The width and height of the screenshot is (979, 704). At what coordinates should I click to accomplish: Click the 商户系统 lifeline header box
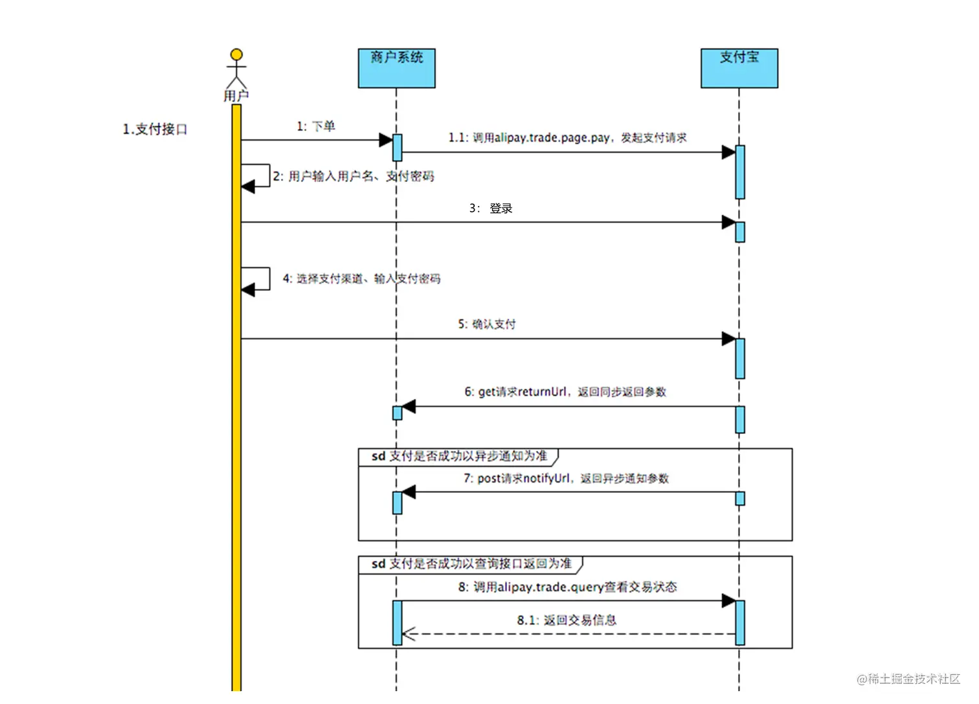pos(396,68)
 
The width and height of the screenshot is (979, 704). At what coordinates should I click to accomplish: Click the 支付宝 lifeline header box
pos(739,68)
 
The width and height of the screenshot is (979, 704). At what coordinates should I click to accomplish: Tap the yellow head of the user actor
pos(236,54)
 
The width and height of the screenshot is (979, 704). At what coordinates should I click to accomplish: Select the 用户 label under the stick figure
pos(236,96)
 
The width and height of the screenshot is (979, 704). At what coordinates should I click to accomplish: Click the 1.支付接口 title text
pos(155,130)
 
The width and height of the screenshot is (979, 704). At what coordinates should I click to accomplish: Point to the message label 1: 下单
pos(316,126)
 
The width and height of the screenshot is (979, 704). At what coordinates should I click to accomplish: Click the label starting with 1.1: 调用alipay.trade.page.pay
pos(567,138)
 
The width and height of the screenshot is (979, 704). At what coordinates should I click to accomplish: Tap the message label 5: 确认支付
pos(487,324)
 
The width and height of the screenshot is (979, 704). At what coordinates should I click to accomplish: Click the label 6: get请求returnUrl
pos(565,392)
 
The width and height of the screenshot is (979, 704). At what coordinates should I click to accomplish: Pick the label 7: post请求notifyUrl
pos(566,479)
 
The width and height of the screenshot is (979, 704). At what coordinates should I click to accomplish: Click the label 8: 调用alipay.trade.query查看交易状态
pos(567,587)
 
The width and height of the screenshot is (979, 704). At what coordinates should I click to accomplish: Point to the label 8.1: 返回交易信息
pos(567,620)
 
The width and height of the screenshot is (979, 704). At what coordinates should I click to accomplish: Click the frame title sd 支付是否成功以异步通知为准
pos(459,457)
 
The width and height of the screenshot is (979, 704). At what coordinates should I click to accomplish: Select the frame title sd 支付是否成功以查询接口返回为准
pos(471,564)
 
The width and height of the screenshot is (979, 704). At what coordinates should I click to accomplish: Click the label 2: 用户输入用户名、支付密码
pos(354,176)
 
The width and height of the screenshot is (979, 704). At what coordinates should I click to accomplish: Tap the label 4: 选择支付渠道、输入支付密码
pos(361,278)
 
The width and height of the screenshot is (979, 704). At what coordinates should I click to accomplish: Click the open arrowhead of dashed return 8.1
pos(409,634)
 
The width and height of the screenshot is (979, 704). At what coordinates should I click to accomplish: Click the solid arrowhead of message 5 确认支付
pos(728,339)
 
